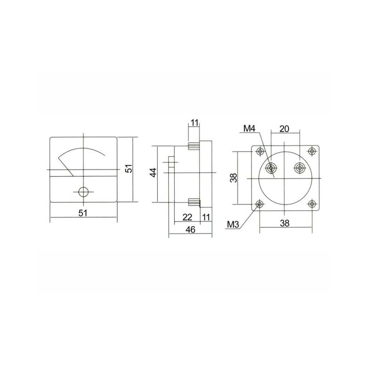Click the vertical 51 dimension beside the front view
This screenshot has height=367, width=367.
coord(129,168)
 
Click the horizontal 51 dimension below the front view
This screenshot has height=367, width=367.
coord(83,213)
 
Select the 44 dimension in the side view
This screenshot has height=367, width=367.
coord(153,172)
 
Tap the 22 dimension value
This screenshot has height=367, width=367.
coord(187,217)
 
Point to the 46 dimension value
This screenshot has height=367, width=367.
coord(190,230)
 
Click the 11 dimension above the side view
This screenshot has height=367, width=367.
coord(194,122)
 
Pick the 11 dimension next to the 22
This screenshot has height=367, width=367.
coord(206,217)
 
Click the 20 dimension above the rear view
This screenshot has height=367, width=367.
coord(284,129)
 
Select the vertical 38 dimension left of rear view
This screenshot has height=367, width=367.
coord(234,178)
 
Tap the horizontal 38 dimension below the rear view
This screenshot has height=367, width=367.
coord(284,223)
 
